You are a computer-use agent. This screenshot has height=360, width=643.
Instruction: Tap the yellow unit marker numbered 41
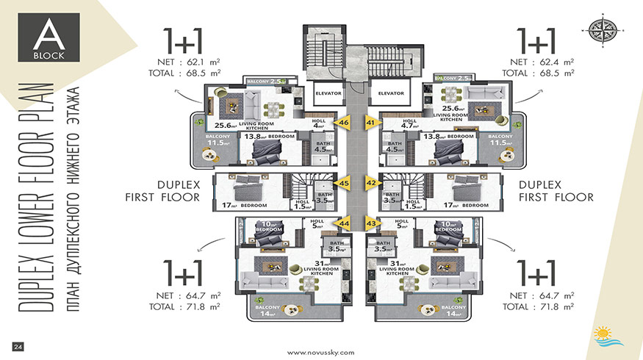coord(370,123)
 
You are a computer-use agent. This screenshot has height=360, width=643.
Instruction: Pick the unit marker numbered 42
coord(370,183)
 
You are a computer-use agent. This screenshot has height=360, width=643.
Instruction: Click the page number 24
coord(18,345)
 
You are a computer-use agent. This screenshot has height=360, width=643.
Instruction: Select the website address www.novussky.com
coord(321,351)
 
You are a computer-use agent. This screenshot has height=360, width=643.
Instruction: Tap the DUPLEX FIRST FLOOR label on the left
coord(169,190)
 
